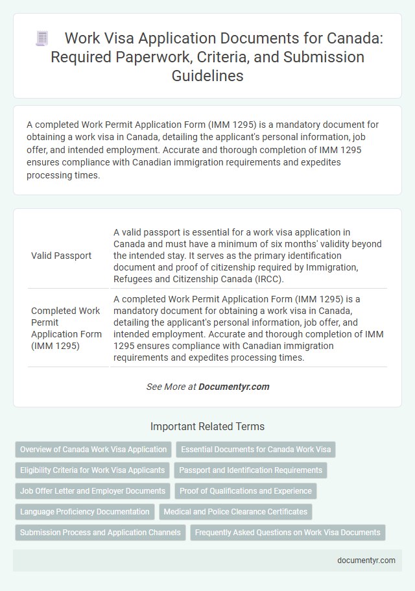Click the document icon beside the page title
[42, 39]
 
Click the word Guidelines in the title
[207, 76]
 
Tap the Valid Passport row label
[61, 256]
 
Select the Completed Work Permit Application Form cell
[66, 328]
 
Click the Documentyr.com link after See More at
[233, 387]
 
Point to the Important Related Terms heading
[207, 427]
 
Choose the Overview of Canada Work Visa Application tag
[93, 449]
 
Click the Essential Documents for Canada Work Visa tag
[255, 449]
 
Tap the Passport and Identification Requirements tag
[250, 470]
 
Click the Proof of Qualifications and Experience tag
[246, 491]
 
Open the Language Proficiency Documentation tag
[85, 512]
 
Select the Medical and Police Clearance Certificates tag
[235, 512]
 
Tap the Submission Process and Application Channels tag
[100, 533]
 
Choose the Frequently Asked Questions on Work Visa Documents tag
[288, 533]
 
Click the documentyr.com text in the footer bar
[366, 561]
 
